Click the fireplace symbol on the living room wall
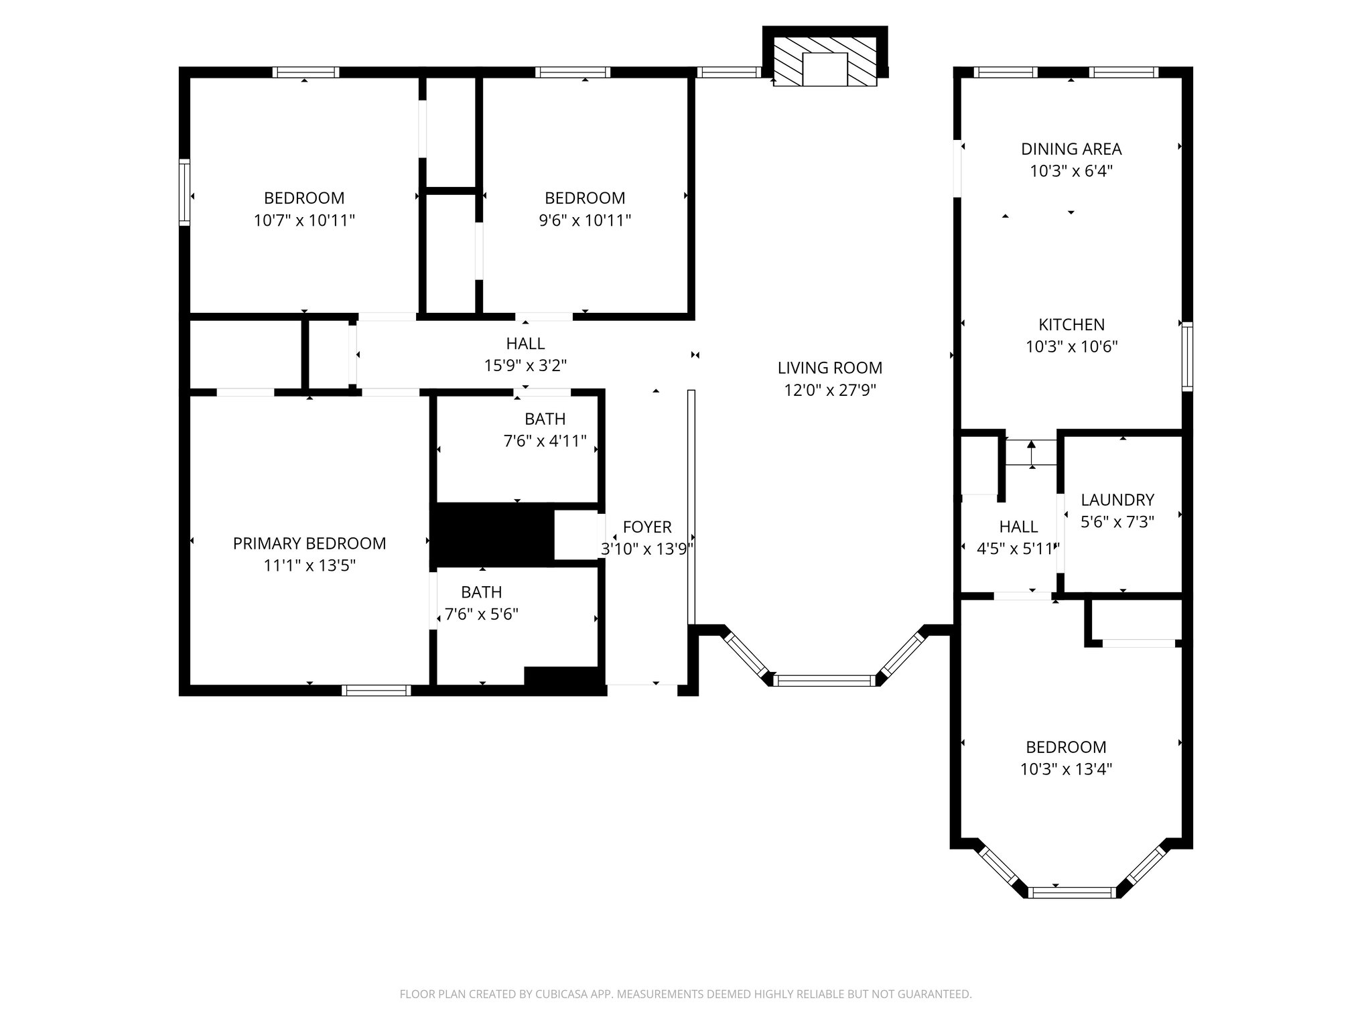click(825, 61)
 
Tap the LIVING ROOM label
click(830, 368)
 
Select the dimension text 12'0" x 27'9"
click(830, 390)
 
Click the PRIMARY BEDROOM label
click(310, 543)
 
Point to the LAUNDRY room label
click(1117, 500)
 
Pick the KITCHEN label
click(1071, 325)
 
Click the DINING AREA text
click(1071, 149)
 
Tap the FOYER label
click(647, 527)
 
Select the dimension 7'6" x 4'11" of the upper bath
click(545, 441)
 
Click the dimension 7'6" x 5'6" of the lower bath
click(482, 614)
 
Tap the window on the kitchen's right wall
click(1187, 356)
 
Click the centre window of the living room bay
click(825, 681)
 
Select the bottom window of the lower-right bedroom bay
click(1072, 892)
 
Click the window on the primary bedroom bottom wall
click(376, 691)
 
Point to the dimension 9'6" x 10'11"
click(585, 220)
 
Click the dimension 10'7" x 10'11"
click(304, 220)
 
